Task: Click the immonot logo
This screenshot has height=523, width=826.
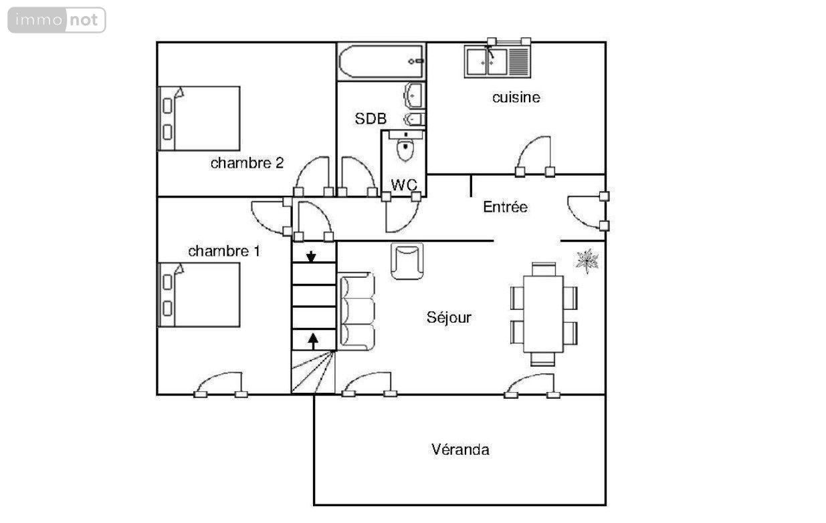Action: (x=57, y=20)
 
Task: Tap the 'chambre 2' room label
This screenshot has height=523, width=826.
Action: (x=247, y=163)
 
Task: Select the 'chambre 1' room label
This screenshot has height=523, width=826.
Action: (x=224, y=251)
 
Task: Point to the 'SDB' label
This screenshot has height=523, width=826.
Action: (x=371, y=119)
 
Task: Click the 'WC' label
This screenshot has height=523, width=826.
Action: (x=404, y=185)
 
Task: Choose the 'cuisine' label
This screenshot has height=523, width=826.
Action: (x=516, y=98)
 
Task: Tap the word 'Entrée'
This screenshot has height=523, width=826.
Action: (x=505, y=207)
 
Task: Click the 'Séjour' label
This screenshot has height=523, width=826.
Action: (x=449, y=317)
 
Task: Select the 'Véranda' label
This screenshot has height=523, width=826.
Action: (x=461, y=450)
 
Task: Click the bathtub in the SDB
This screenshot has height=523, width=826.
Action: (x=381, y=61)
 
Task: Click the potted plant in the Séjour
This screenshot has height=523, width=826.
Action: (x=587, y=260)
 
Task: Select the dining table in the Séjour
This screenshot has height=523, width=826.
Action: (x=543, y=314)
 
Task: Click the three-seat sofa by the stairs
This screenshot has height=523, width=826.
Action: (x=356, y=311)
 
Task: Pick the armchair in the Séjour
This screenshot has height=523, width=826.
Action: (x=407, y=261)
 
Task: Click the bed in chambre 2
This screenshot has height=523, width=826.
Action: (x=199, y=119)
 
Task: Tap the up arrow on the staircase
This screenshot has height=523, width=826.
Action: (x=313, y=341)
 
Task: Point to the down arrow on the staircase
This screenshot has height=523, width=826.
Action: (x=311, y=256)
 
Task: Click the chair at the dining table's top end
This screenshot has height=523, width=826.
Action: (x=544, y=269)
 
